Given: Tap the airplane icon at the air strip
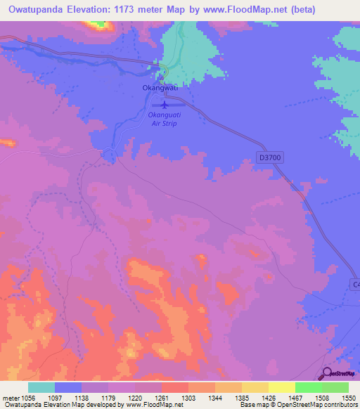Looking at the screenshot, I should click(x=164, y=105).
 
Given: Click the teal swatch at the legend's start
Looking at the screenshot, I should click(x=41, y=387).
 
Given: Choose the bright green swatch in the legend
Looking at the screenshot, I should click(x=308, y=387).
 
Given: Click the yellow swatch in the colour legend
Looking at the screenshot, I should click(x=281, y=387).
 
